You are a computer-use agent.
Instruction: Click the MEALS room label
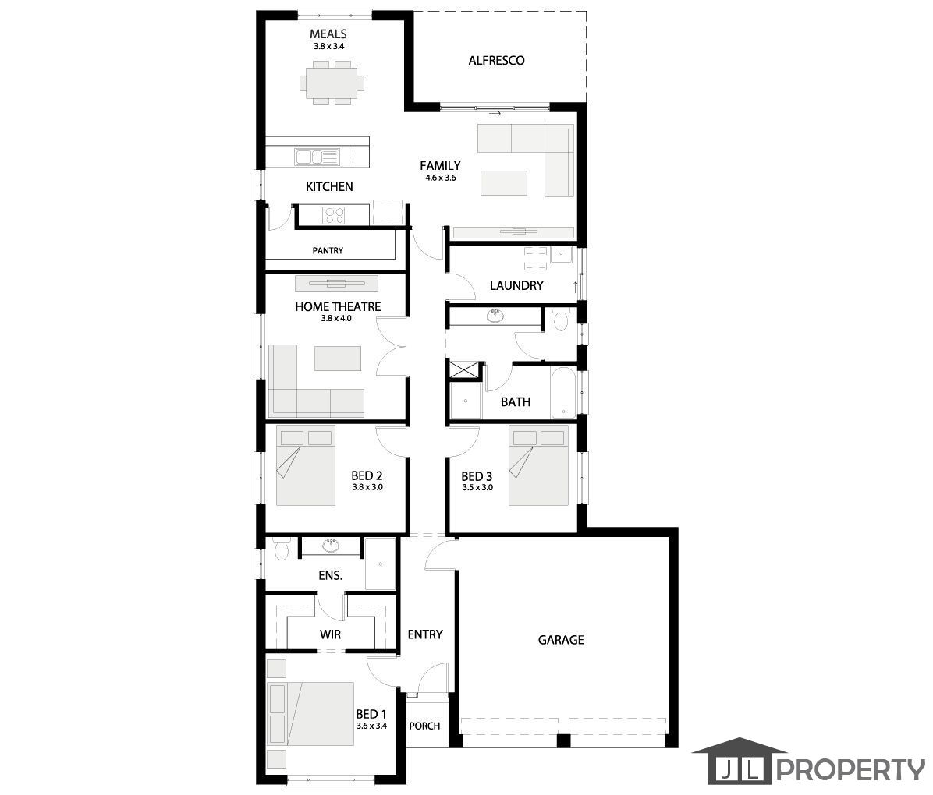tap(328, 34)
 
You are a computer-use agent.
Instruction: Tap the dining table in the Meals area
tap(332, 83)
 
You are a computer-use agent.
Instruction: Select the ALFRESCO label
tap(496, 60)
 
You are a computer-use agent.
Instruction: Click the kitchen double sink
tap(317, 157)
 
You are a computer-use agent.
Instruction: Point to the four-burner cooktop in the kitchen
tap(333, 215)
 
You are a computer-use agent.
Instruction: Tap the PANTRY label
tap(328, 250)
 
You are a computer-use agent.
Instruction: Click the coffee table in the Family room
tap(504, 182)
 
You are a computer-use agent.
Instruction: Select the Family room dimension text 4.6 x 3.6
tap(440, 178)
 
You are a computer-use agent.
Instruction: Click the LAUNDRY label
tap(516, 285)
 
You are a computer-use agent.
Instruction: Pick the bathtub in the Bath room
tap(563, 393)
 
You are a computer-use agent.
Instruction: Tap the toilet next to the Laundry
tap(560, 320)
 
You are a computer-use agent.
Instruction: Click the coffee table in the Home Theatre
tap(338, 358)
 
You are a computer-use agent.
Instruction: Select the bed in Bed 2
tap(305, 465)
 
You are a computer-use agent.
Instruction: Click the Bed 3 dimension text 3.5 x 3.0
tap(477, 488)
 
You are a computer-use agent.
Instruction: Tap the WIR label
tap(330, 634)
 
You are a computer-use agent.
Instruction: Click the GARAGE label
tap(561, 640)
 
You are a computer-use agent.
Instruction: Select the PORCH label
tap(425, 726)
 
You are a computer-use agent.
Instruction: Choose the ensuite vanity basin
tap(331, 546)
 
